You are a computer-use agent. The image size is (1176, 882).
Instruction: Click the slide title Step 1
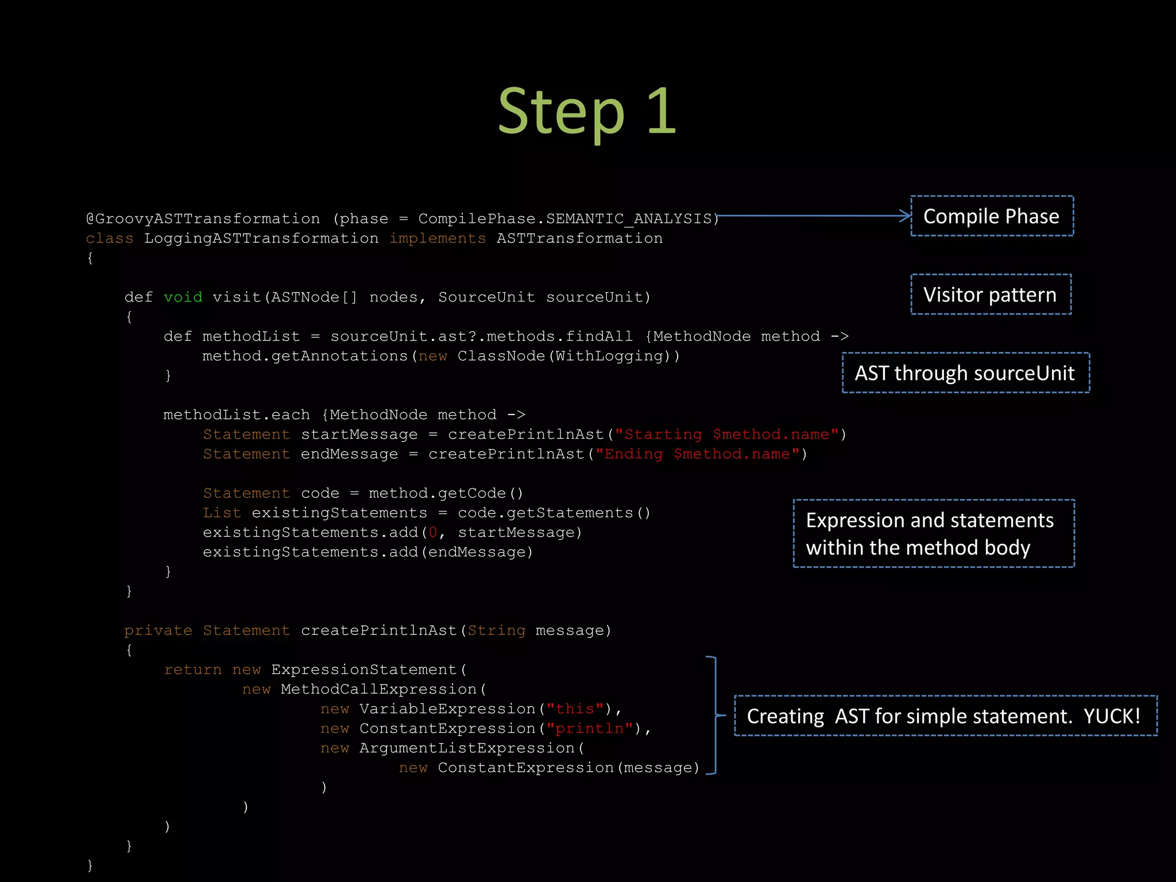[x=587, y=111]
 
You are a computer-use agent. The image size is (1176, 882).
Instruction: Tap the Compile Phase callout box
[x=992, y=216]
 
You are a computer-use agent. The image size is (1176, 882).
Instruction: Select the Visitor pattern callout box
[x=991, y=295]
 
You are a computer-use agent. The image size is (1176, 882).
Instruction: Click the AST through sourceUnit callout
[x=965, y=373]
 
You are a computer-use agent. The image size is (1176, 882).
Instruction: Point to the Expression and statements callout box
[x=933, y=533]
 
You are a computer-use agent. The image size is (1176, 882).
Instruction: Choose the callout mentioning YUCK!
[x=945, y=716]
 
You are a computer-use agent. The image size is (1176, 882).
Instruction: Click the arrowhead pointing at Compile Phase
[x=906, y=216]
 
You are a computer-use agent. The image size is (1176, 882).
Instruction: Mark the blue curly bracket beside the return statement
[x=715, y=715]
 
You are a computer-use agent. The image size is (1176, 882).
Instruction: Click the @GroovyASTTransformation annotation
[x=203, y=219]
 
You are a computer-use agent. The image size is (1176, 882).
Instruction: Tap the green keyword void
[x=183, y=297]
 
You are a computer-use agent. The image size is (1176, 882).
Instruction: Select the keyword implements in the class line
[x=438, y=238]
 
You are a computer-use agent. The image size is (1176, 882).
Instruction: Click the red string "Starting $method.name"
[x=727, y=435]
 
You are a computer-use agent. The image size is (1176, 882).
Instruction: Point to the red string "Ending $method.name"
[x=697, y=454]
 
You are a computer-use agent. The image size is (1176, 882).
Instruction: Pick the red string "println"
[x=590, y=729]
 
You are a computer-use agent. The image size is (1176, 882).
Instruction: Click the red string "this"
[x=575, y=709]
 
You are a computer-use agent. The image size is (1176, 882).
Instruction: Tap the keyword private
[x=158, y=630]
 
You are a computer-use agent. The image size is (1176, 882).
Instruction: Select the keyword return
[x=192, y=670]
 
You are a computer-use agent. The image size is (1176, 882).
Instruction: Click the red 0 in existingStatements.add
[x=433, y=533]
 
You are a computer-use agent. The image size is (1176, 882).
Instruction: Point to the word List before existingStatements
[x=222, y=513]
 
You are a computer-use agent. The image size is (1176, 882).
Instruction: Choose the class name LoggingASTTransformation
[x=261, y=238]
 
